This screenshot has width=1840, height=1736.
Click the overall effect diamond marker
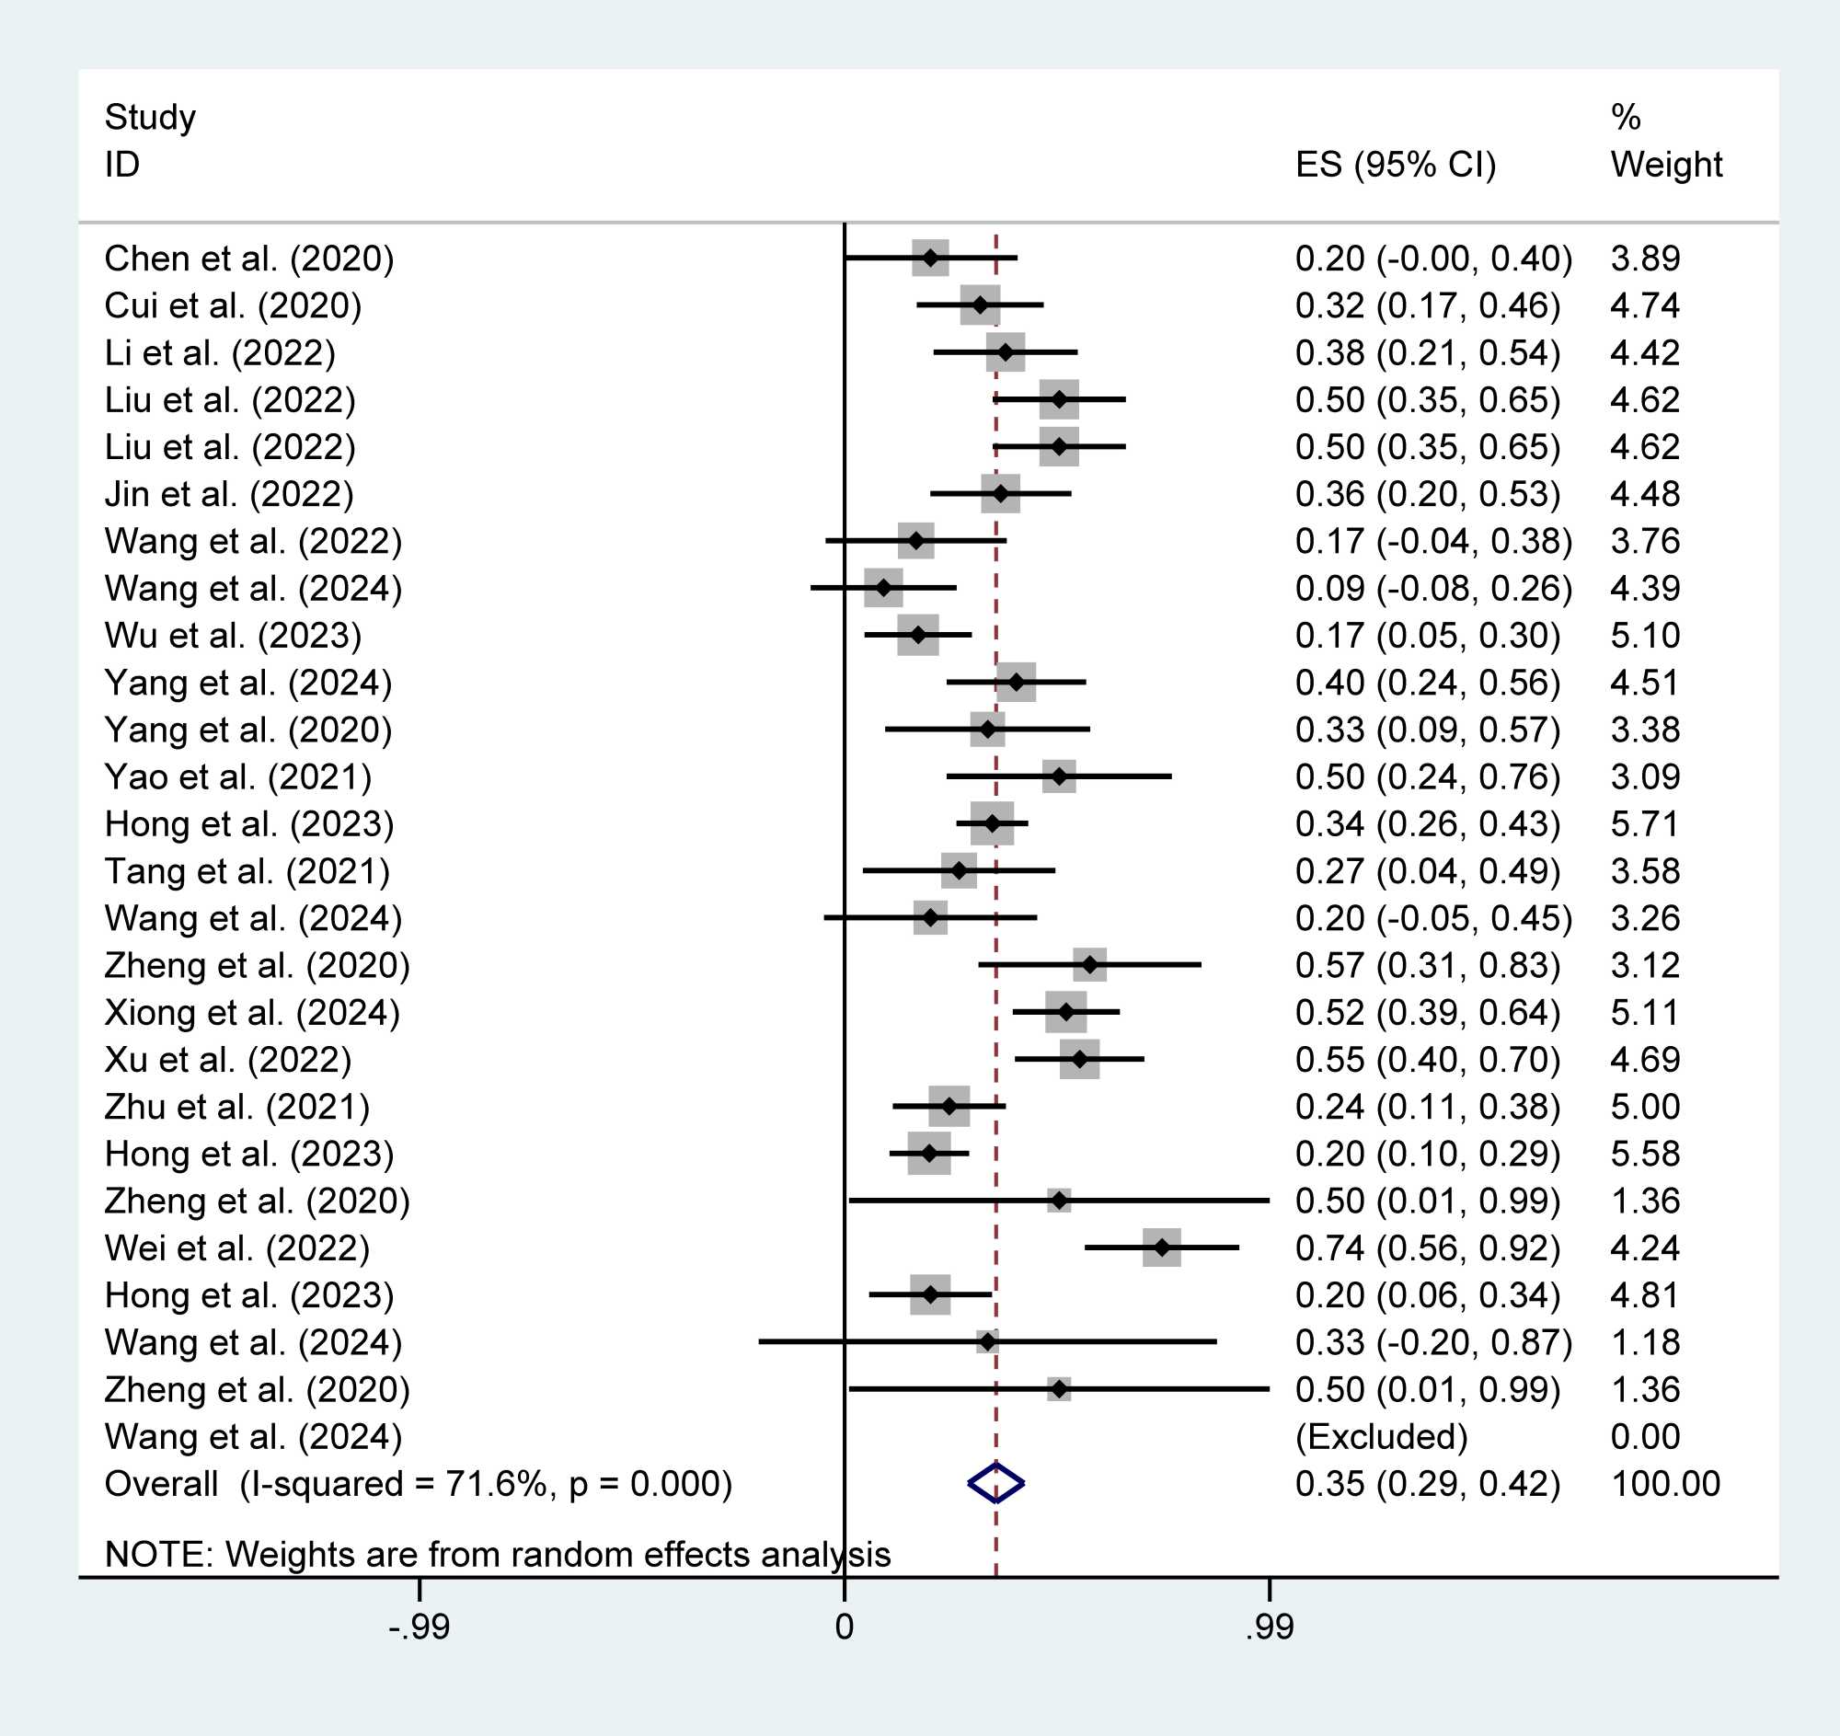pyautogui.click(x=995, y=1483)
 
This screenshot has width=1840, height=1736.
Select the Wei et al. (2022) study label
pyautogui.click(x=237, y=1248)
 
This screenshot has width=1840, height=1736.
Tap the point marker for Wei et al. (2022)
pyautogui.click(x=1162, y=1248)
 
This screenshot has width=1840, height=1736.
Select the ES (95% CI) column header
pyautogui.click(x=1395, y=165)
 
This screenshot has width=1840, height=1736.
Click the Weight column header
pyautogui.click(x=1666, y=165)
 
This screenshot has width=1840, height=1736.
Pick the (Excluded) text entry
pyautogui.click(x=1381, y=1436)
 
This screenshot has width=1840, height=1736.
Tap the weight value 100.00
pyautogui.click(x=1665, y=1483)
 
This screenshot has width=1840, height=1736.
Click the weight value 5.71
pyautogui.click(x=1645, y=823)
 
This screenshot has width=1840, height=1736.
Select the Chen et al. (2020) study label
pyautogui.click(x=249, y=259)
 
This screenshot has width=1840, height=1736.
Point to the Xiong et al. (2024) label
pyautogui.click(x=252, y=1012)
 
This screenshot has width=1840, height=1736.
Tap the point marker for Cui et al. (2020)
pyautogui.click(x=980, y=305)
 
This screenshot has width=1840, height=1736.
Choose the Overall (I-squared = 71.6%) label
pyautogui.click(x=419, y=1483)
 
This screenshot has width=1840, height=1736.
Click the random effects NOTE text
pyautogui.click(x=498, y=1555)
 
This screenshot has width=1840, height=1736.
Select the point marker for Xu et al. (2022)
pyautogui.click(x=1079, y=1060)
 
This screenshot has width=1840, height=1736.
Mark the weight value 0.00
pyautogui.click(x=1645, y=1436)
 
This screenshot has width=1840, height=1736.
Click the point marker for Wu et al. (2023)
pyautogui.click(x=917, y=635)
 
